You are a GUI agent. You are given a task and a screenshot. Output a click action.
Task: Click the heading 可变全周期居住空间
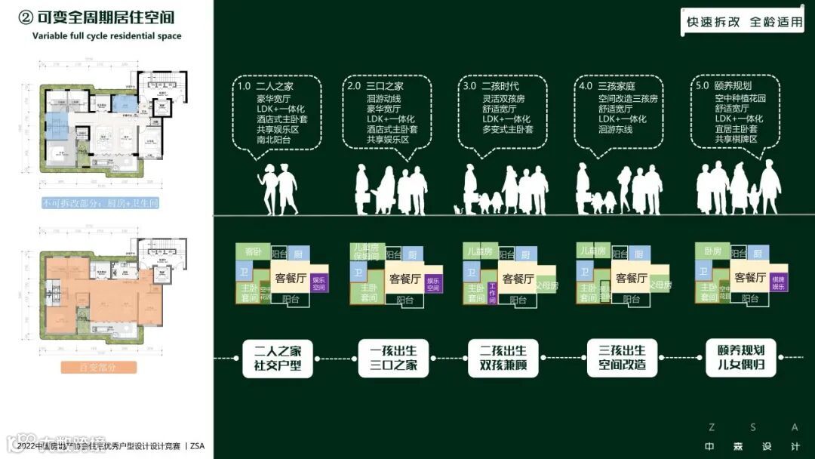click(x=106, y=17)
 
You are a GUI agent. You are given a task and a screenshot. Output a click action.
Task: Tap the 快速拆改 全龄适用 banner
click(x=743, y=22)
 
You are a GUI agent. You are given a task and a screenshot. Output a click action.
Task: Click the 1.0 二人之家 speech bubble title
click(x=265, y=87)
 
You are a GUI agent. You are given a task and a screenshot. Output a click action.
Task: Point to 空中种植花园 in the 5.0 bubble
click(x=740, y=98)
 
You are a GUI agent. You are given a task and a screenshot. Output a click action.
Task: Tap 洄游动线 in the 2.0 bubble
click(x=384, y=98)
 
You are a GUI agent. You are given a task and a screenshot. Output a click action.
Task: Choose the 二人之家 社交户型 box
click(x=278, y=358)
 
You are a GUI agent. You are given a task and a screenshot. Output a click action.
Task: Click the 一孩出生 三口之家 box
click(x=393, y=358)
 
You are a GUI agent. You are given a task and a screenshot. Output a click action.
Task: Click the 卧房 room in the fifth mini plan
click(x=713, y=251)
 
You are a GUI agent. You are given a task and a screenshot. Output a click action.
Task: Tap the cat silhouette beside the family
click(x=457, y=209)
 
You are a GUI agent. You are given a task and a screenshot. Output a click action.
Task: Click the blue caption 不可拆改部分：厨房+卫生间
click(x=100, y=204)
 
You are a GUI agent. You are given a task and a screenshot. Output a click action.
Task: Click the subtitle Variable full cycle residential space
click(x=106, y=35)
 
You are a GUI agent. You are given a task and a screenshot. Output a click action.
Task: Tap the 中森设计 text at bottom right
click(x=752, y=446)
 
